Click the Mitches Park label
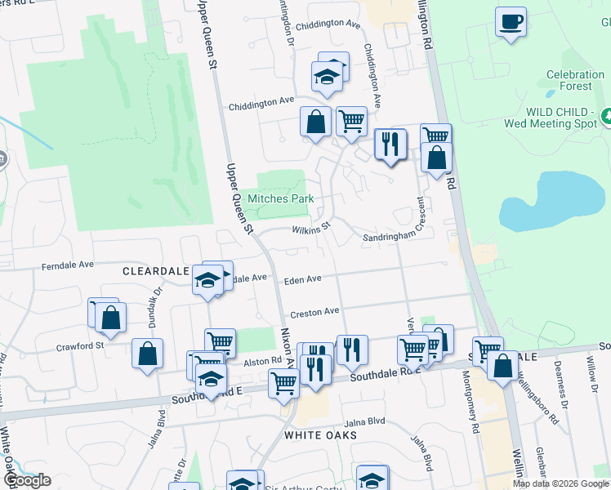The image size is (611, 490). point(281,198)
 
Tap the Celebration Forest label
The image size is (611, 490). point(569,80)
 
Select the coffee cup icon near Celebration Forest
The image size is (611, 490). point(511,22)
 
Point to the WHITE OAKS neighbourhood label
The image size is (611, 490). point(320,435)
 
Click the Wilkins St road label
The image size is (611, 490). point(311,229)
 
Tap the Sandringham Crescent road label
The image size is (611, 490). point(395,235)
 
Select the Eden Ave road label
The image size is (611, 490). point(302,280)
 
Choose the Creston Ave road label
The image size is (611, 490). point(314,312)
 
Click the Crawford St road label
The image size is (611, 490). point(79,346)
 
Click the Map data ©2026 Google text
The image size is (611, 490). point(560,483)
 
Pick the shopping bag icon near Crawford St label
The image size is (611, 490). point(110,317)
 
